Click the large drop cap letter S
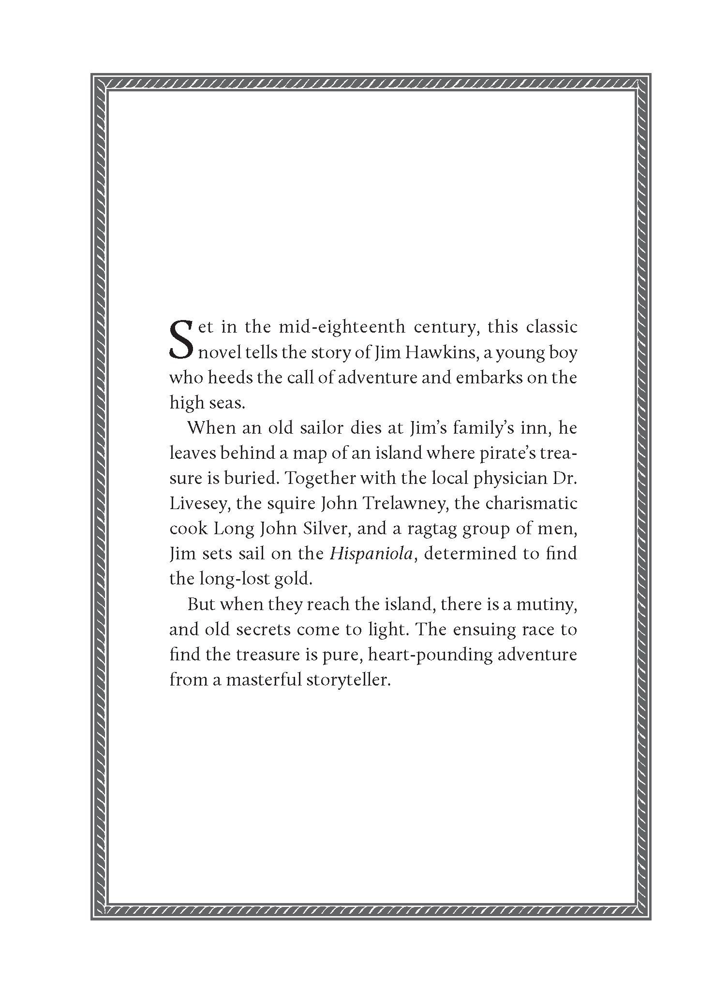[x=181, y=338]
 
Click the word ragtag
[x=427, y=529]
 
